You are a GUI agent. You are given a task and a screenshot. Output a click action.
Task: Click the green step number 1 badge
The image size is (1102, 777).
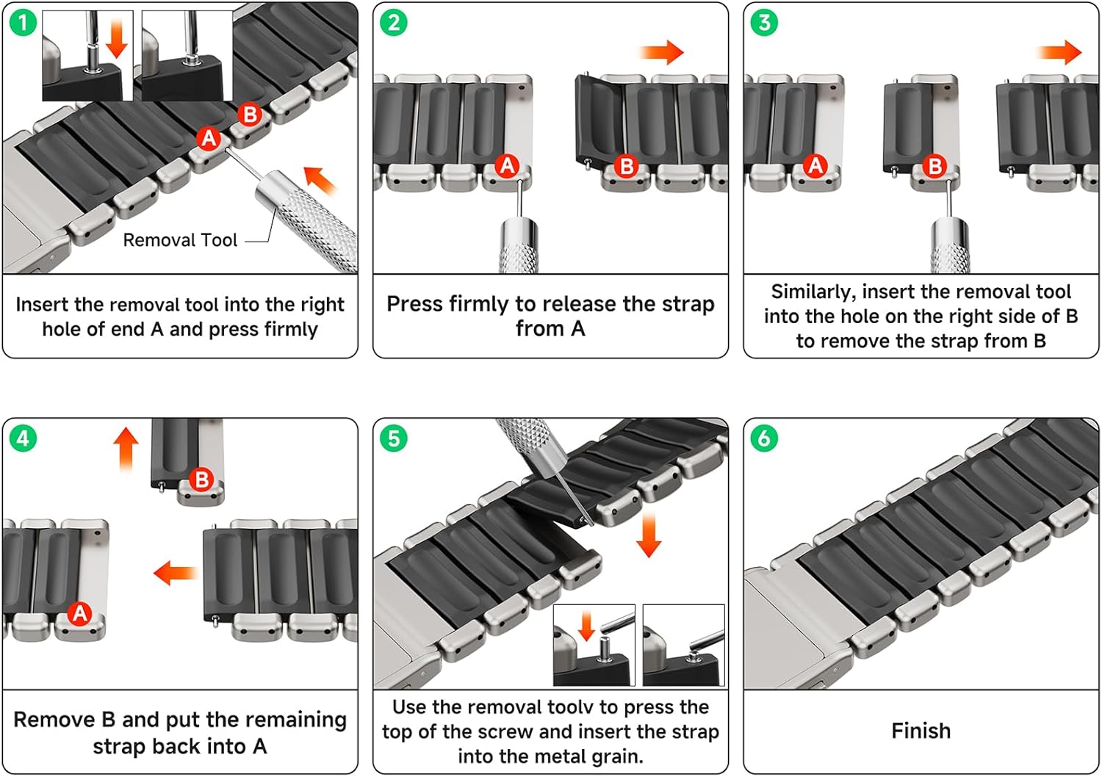click(23, 23)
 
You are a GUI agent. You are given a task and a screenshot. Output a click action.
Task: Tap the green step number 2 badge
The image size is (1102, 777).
click(394, 23)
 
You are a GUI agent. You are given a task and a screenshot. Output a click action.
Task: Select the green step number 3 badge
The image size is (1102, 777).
click(764, 23)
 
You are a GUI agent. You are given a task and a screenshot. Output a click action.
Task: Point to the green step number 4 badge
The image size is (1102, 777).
click(23, 438)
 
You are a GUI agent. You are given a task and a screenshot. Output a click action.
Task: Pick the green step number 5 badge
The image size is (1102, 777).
click(394, 438)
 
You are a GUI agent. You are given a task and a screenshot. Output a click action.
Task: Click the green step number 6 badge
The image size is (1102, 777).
click(764, 438)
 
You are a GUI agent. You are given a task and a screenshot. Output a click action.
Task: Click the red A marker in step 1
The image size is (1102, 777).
click(209, 139)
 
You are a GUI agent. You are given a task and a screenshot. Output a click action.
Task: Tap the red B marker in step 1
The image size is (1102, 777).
click(250, 115)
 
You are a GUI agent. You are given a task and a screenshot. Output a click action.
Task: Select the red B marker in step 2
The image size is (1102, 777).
click(626, 166)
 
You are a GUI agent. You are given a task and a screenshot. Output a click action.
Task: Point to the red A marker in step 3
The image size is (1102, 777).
click(815, 166)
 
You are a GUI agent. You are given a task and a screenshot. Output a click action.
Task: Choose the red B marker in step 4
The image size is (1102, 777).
click(202, 480)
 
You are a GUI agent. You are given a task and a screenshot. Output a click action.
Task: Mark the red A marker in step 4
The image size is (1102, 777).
click(79, 614)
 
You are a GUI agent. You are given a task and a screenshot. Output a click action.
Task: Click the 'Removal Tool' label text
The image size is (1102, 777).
click(180, 240)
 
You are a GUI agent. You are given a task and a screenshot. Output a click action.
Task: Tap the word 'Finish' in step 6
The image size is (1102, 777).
click(921, 731)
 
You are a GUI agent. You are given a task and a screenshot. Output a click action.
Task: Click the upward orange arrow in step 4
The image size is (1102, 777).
click(126, 450)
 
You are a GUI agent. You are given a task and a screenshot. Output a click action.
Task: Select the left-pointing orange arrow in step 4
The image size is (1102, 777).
click(176, 573)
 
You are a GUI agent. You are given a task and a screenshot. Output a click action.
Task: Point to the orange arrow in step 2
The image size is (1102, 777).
click(662, 52)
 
